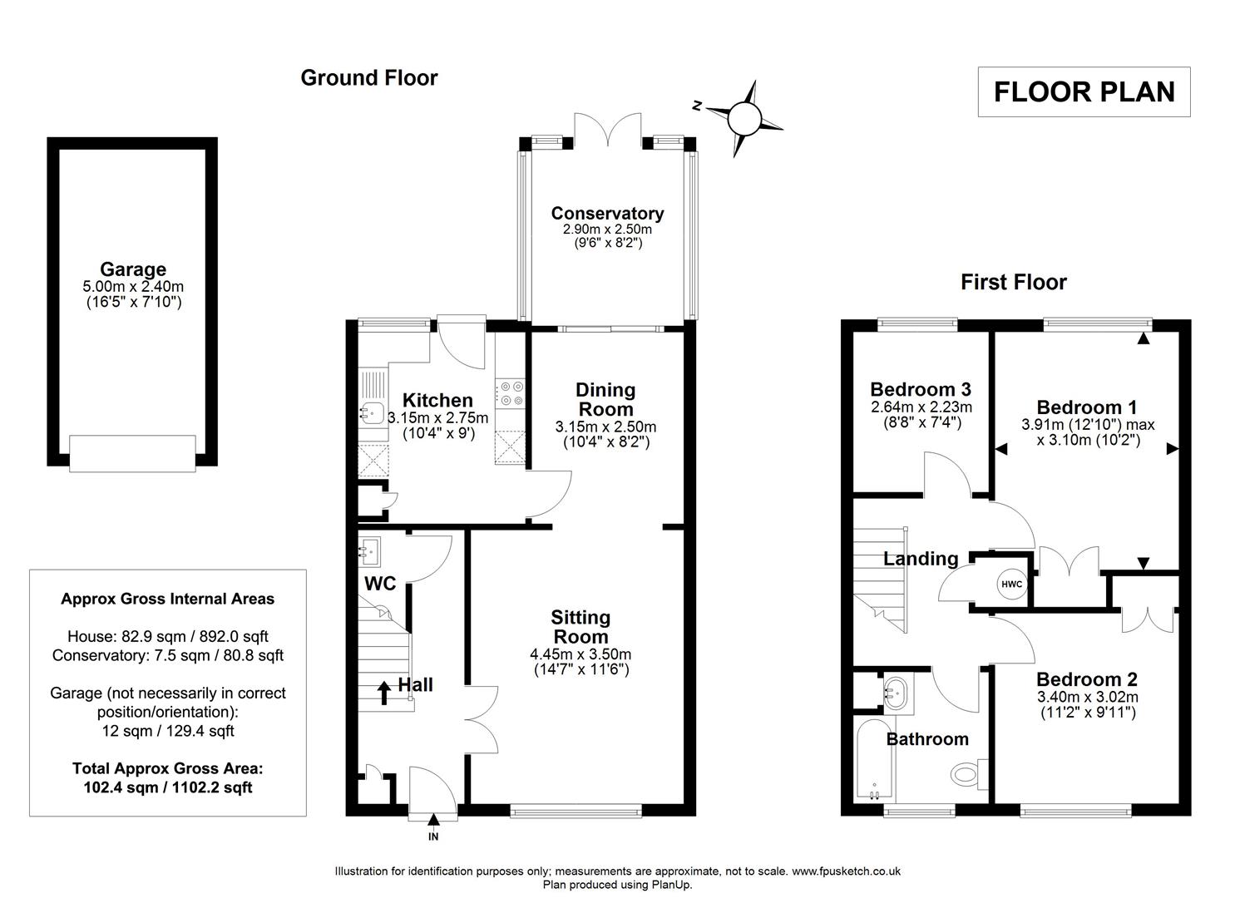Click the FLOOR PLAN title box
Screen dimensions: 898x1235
pos(1084,91)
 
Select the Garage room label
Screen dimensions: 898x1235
pos(133,269)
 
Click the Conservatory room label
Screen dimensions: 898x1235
pos(607,214)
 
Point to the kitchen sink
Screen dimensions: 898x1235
pos(369,411)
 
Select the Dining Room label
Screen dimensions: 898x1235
pos(605,399)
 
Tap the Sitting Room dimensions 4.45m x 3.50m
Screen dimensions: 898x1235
pos(580,654)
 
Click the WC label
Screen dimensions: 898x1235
pos(380,584)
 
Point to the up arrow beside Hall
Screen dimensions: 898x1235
pos(383,692)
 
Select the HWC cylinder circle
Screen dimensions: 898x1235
pos(1011,584)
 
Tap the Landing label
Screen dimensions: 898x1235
pos(921,559)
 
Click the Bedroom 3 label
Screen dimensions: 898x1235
pos(921,389)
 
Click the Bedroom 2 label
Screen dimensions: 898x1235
pos(1087,679)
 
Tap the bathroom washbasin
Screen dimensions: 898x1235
pos(897,691)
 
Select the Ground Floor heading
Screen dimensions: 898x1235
pos(368,78)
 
